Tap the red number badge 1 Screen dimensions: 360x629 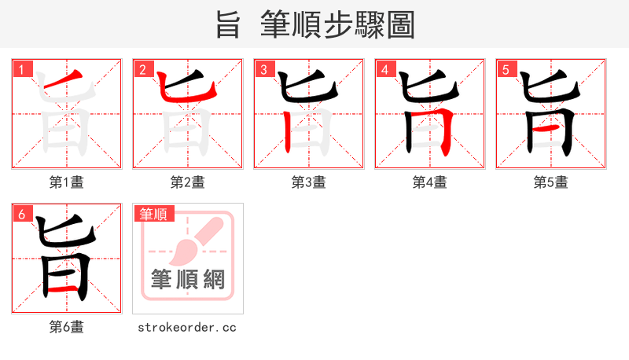pos(21,70)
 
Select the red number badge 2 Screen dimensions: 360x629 pos(142,70)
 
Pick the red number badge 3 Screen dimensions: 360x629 pos(263,70)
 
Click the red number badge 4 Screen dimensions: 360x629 pos(384,70)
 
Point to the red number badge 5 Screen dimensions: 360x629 pos(506,70)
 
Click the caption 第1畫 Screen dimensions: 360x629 pos(67,182)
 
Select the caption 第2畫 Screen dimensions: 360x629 pos(188,182)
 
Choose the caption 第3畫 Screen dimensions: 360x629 pos(309,182)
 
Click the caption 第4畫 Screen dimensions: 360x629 pos(430,182)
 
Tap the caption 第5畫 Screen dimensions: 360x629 pos(551,182)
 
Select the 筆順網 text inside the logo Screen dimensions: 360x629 pos(188,279)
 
